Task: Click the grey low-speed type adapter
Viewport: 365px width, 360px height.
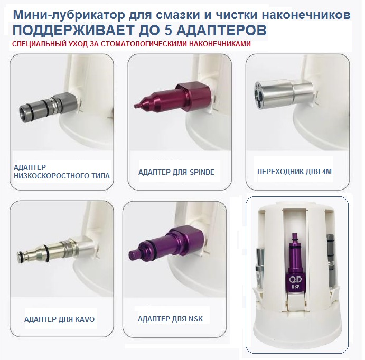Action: coord(48,104)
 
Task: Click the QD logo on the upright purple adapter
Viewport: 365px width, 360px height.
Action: coord(295,279)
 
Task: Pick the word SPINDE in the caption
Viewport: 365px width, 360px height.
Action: coord(202,172)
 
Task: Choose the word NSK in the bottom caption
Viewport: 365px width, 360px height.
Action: coord(195,319)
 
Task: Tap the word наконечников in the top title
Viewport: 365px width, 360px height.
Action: coord(306,15)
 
